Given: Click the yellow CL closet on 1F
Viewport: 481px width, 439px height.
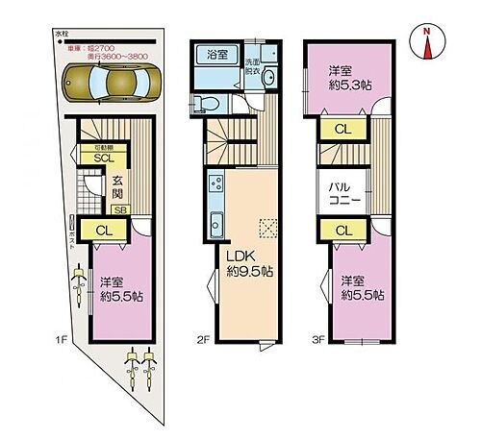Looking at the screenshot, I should click(x=106, y=230).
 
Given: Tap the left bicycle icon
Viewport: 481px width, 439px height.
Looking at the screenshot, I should click(x=130, y=369).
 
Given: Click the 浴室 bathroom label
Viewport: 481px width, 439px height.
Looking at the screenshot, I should click(x=216, y=55).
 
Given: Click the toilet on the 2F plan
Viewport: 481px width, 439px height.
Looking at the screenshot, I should click(x=203, y=103).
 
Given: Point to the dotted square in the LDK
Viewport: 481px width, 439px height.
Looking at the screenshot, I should click(x=269, y=228).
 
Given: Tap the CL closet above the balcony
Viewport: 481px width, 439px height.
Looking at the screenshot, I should click(x=342, y=129).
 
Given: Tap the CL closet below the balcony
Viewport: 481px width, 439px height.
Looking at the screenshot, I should click(x=342, y=230).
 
